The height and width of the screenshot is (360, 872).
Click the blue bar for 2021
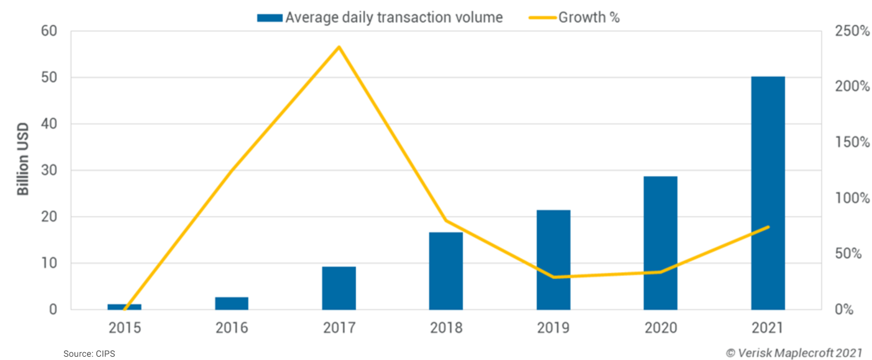click(767, 193)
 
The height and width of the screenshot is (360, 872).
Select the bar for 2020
click(660, 243)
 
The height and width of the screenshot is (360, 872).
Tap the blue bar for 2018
click(446, 271)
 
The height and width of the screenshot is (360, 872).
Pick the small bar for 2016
click(231, 303)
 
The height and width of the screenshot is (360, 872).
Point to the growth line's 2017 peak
click(339, 47)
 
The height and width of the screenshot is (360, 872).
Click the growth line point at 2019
click(554, 277)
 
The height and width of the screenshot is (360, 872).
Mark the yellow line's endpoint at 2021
click(768, 227)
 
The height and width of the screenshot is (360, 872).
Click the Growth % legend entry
click(588, 18)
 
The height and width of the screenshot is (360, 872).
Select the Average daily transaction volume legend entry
click(394, 18)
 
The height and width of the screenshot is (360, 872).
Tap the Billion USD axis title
click(22, 159)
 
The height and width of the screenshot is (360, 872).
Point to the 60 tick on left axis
click(49, 31)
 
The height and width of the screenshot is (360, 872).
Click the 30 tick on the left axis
click(49, 170)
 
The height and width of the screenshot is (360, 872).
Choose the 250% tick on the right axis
click(852, 31)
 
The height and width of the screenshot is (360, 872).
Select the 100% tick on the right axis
click(852, 198)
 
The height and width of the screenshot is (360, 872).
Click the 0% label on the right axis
click(844, 310)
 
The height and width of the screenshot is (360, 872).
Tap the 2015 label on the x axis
click(124, 328)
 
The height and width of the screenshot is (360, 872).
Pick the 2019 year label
click(553, 328)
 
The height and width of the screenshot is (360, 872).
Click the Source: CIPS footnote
click(89, 353)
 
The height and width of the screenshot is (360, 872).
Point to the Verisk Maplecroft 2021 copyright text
click(794, 353)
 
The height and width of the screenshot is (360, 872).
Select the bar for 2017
click(339, 288)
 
